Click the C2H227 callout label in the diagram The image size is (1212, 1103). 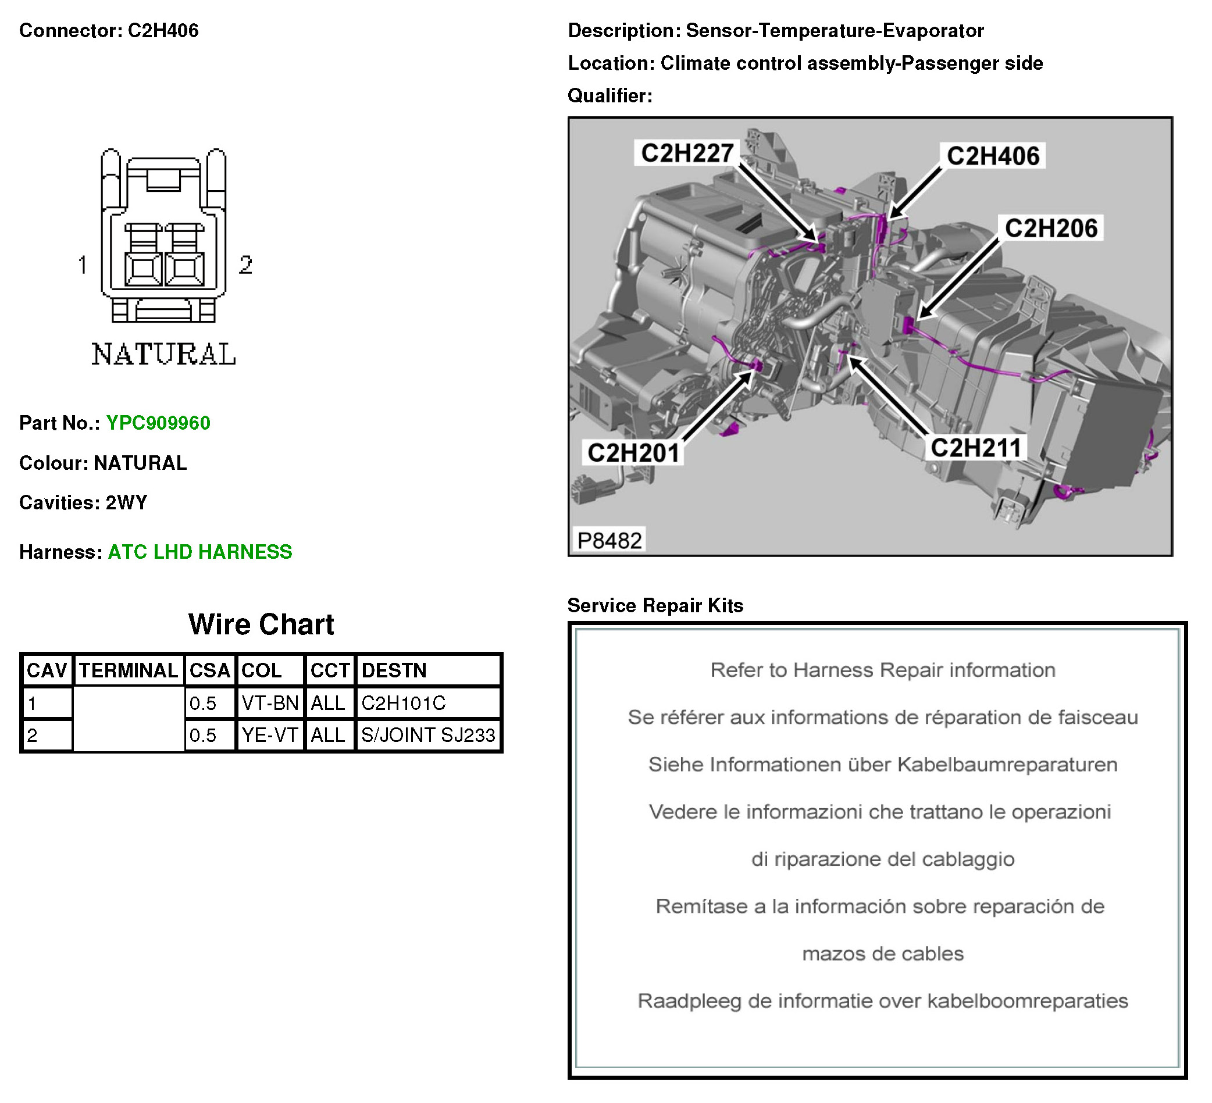687,154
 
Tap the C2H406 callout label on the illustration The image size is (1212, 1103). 992,156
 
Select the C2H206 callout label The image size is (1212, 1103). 1050,229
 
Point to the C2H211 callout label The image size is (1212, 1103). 975,448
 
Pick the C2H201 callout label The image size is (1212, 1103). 633,453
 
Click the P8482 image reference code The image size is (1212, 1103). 609,540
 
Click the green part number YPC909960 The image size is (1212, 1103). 158,423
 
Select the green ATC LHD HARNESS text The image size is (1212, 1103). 199,552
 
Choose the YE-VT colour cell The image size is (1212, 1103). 269,735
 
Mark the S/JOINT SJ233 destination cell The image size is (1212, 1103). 427,735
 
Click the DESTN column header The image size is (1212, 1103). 394,671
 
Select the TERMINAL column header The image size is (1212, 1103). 128,671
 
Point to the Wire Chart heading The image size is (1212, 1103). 261,624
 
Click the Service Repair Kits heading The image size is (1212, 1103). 655,605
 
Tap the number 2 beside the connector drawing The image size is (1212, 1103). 245,265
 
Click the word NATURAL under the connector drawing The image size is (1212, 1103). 163,355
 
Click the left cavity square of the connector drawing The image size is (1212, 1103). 143,269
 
